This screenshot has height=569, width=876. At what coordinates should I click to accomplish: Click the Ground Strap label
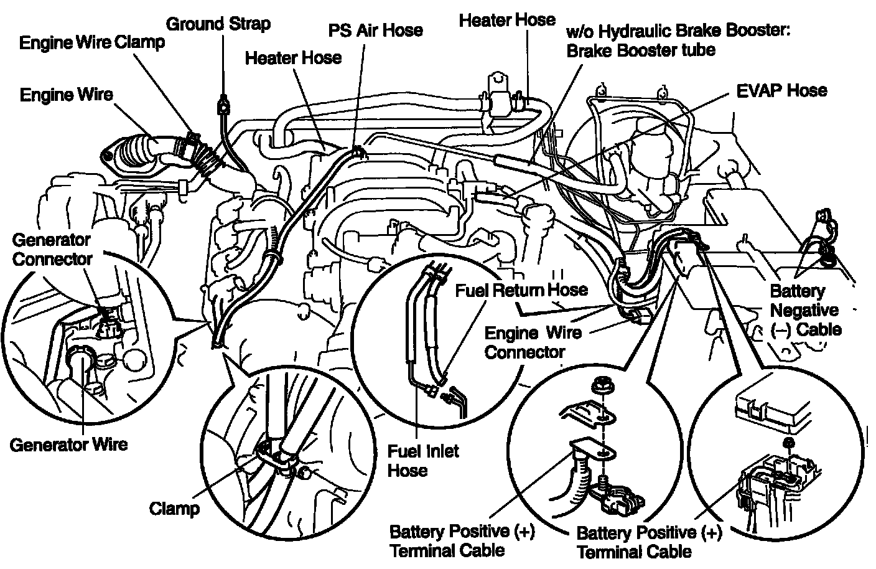tap(218, 24)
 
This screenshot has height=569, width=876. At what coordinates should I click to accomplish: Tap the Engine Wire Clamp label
tap(92, 42)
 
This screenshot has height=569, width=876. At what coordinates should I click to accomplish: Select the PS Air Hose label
tap(375, 30)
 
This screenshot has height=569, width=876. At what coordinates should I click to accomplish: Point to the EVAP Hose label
tap(781, 90)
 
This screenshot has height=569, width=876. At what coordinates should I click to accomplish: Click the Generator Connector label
tap(52, 249)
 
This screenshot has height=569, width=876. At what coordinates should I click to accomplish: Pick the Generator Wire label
tap(68, 444)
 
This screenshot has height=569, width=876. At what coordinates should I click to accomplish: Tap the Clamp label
tap(175, 508)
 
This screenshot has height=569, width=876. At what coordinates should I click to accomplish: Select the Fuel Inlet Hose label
tap(423, 460)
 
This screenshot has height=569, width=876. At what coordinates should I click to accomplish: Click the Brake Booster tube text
tap(641, 50)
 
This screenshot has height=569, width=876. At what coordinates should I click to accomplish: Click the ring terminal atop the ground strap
tap(221, 106)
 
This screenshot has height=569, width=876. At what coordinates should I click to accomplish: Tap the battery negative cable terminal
tap(827, 255)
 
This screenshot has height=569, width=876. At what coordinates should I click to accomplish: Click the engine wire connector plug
tap(640, 316)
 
